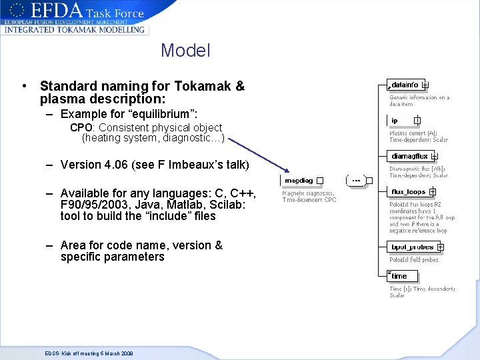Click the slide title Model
(185, 51)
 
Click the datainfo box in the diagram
(405, 85)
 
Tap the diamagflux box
(409, 157)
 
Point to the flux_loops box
(408, 192)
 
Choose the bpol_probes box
(412, 247)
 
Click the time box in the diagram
(399, 276)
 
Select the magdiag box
(299, 181)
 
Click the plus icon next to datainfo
(425, 85)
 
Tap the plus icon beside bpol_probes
(440, 247)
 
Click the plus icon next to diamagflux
(434, 157)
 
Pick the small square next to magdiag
(320, 181)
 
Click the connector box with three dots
(357, 181)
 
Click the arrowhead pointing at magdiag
(282, 171)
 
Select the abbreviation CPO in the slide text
(81, 127)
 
